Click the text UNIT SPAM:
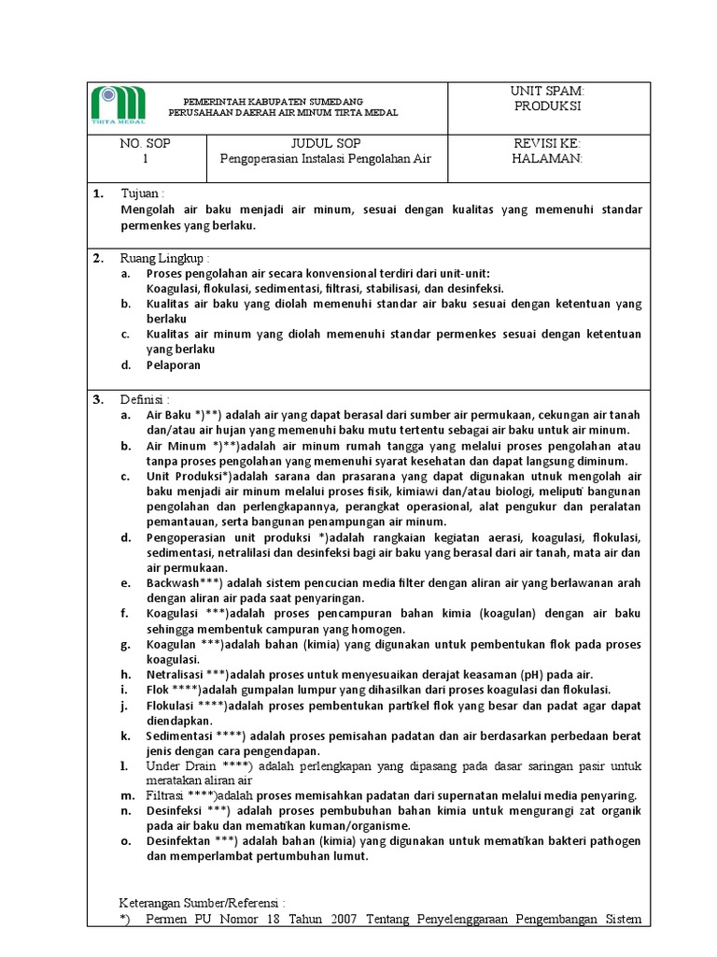[547, 92]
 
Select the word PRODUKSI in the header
[547, 106]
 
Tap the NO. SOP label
[145, 144]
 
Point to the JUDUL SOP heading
[319, 144]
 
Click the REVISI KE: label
[547, 144]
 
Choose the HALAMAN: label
[547, 158]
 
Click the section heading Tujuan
[142, 193]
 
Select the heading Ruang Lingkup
[164, 259]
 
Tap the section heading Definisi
[146, 399]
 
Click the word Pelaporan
[174, 365]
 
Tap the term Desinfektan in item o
[179, 840]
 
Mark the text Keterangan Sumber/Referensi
[203, 903]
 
